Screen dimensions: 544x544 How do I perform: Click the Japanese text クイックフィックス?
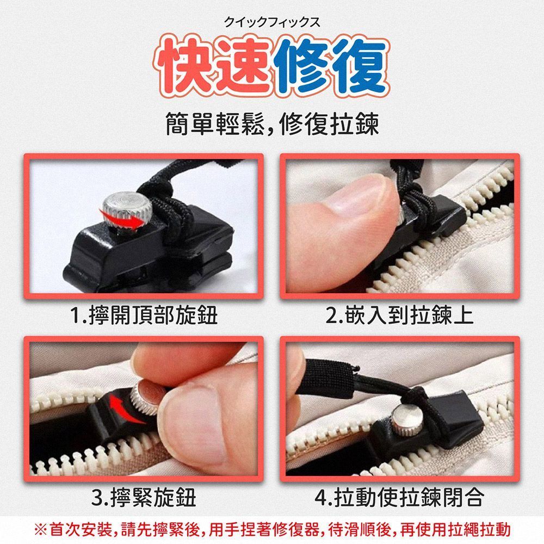(272, 22)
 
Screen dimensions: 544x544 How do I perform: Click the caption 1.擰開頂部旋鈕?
(144, 315)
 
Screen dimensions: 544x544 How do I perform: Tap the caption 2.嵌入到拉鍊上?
(399, 315)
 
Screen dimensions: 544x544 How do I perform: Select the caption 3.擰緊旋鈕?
(144, 498)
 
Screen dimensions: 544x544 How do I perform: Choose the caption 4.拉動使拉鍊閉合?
(399, 498)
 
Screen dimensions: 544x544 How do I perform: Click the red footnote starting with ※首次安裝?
(273, 530)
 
